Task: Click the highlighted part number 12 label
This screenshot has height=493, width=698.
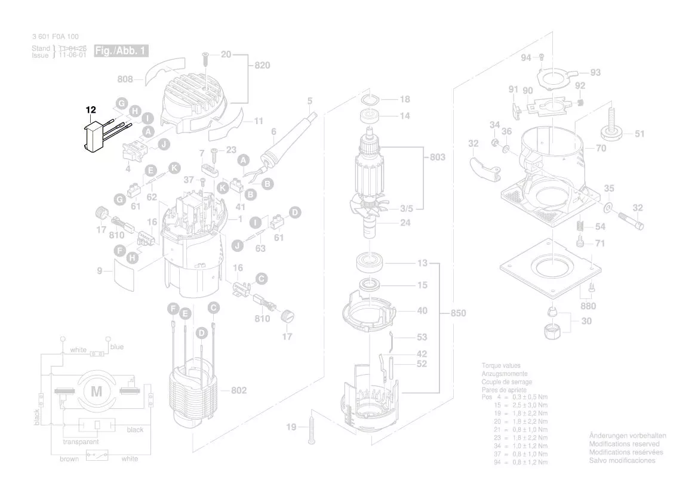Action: coord(91,110)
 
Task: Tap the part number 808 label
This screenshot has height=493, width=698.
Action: coord(125,78)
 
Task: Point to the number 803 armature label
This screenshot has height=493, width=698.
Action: coord(438,157)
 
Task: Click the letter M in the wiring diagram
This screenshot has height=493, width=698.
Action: coord(96,392)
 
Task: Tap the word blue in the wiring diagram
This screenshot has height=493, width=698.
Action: coord(117,347)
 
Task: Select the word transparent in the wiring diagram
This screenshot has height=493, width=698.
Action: coord(81,442)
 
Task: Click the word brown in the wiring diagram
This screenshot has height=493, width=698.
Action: coord(69,459)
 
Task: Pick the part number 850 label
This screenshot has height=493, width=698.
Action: coord(457,313)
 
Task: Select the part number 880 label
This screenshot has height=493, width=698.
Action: coord(588,307)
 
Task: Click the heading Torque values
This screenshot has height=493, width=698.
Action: coord(501,365)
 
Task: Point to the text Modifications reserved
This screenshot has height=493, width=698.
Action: coord(624,444)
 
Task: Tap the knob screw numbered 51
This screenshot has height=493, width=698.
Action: coord(613,132)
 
